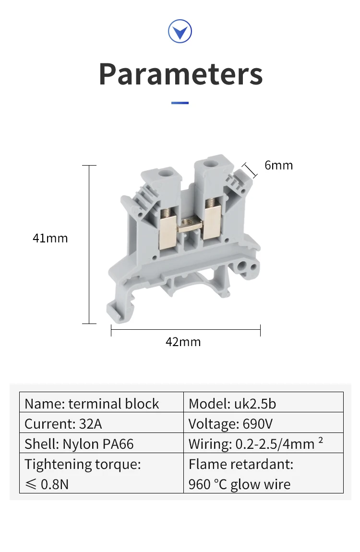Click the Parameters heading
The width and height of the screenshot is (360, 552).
pyautogui.click(x=180, y=74)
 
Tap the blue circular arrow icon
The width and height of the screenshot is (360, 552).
pyautogui.click(x=180, y=32)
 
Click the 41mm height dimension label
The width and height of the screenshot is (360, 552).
pyautogui.click(x=50, y=238)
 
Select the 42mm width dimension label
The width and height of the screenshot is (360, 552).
pyautogui.click(x=183, y=342)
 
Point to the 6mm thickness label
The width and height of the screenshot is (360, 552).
pyautogui.click(x=278, y=165)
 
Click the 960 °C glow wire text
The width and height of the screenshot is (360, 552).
pyautogui.click(x=240, y=484)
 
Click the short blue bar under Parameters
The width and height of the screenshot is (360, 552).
pyautogui.click(x=180, y=103)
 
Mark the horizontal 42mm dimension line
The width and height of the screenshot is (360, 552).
pyautogui.click(x=185, y=330)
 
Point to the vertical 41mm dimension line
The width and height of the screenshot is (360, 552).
pyautogui.click(x=89, y=245)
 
